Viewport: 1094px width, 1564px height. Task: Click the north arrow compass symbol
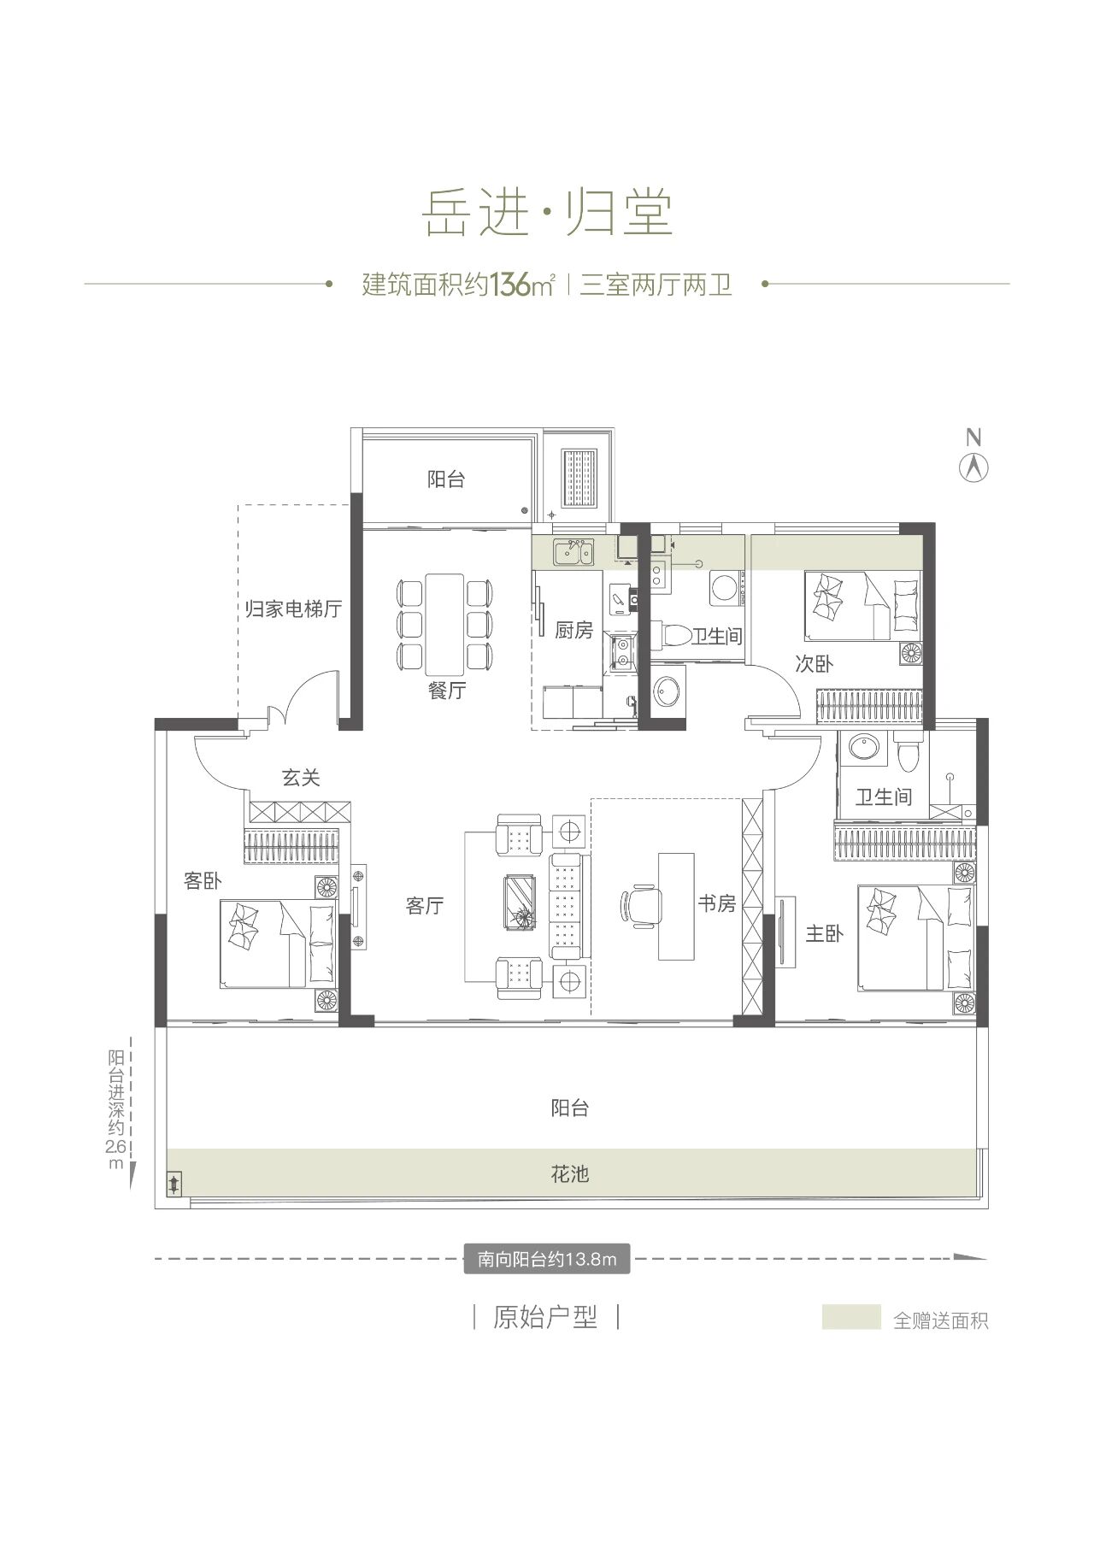click(973, 467)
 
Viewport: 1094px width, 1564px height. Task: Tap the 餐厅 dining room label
click(446, 691)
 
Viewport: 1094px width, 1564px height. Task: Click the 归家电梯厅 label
click(293, 609)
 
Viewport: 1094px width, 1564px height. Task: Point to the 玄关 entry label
click(301, 778)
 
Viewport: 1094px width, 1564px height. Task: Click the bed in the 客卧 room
click(279, 944)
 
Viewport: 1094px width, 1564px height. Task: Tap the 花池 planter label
click(570, 1174)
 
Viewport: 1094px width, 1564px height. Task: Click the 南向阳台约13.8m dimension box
click(547, 1259)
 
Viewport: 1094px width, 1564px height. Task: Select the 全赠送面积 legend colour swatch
click(851, 1317)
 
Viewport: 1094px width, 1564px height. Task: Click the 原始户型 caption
click(545, 1317)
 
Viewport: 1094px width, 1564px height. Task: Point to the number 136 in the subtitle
click(510, 284)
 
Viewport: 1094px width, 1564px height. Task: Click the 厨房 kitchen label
click(573, 631)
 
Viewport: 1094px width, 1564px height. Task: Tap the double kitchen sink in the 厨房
click(573, 553)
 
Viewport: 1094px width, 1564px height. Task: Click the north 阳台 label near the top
click(446, 479)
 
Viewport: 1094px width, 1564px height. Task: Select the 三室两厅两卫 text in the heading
click(656, 284)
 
